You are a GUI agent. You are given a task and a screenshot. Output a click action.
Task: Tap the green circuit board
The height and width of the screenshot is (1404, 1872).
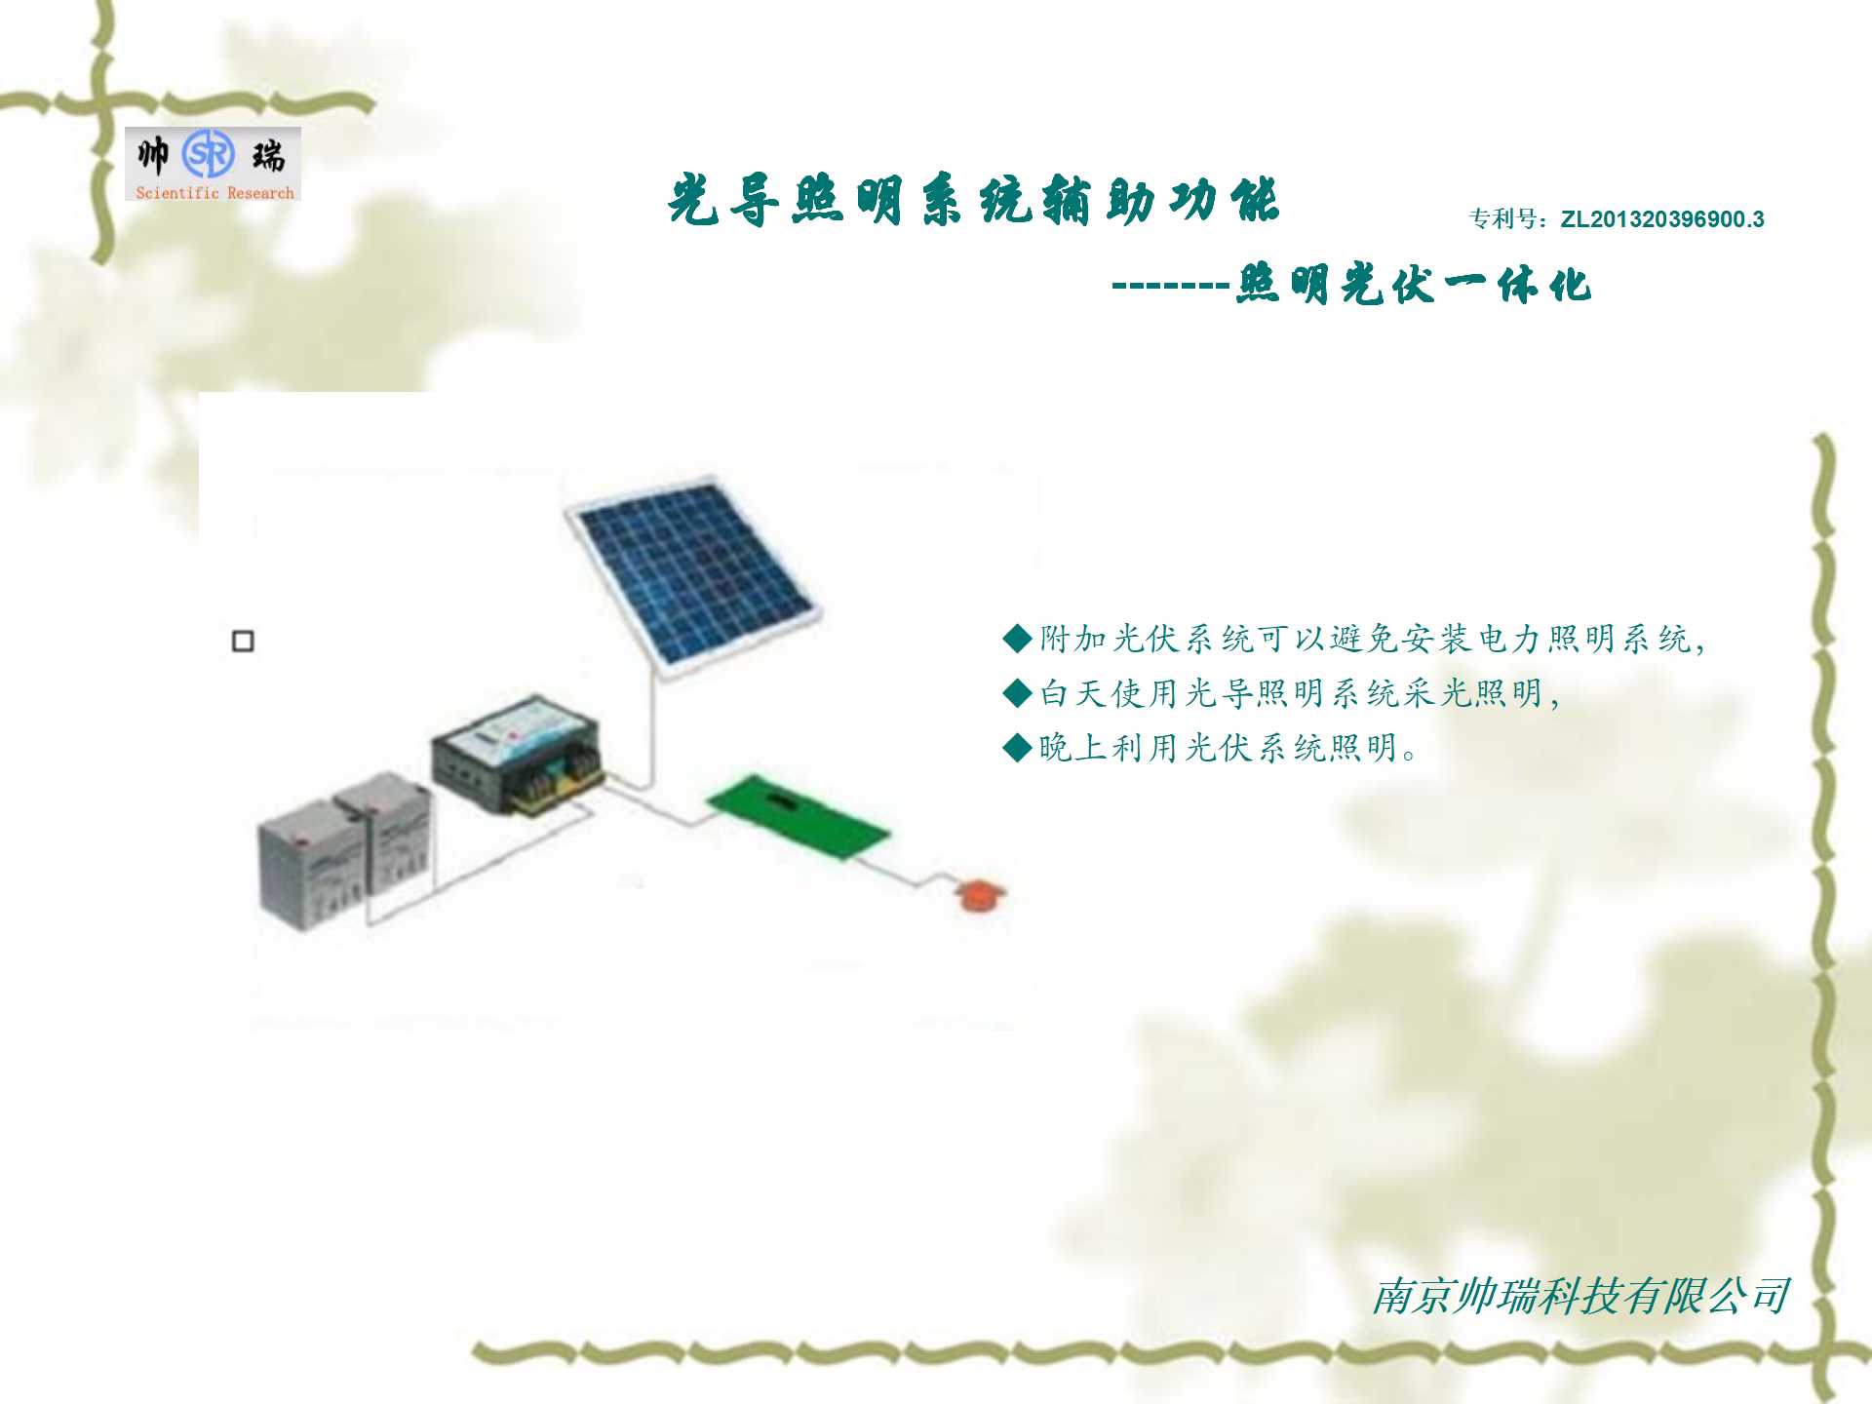798,817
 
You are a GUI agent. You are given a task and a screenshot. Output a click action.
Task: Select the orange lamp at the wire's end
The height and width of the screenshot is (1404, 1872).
979,894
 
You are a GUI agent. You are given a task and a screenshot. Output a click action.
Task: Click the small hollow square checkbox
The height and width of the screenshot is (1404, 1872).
243,641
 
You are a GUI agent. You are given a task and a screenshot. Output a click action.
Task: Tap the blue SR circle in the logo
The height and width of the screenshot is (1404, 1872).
209,154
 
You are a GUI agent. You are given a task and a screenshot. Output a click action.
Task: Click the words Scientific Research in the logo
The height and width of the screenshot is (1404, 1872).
214,193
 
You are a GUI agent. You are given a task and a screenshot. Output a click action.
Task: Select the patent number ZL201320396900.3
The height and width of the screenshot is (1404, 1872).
1662,219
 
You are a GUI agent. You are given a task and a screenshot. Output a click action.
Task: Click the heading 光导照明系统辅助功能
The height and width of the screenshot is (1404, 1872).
973,201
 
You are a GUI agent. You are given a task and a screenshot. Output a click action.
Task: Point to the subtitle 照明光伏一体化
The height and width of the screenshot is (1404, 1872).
1414,286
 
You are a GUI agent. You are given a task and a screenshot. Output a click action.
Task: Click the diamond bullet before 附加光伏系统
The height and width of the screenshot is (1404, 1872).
1017,639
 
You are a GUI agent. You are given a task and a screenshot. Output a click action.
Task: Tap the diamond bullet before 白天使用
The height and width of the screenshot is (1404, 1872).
1017,693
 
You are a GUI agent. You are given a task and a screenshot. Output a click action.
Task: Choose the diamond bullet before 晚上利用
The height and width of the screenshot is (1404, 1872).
1017,748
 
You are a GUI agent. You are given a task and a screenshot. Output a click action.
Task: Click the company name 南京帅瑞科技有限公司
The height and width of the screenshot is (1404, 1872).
1580,1297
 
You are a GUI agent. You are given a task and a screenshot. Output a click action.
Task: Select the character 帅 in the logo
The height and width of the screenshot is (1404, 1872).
153,154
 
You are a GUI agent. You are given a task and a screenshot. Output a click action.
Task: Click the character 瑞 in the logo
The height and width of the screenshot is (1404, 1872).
268,155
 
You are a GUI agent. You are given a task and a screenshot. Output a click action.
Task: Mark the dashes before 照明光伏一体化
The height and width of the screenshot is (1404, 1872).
1171,287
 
